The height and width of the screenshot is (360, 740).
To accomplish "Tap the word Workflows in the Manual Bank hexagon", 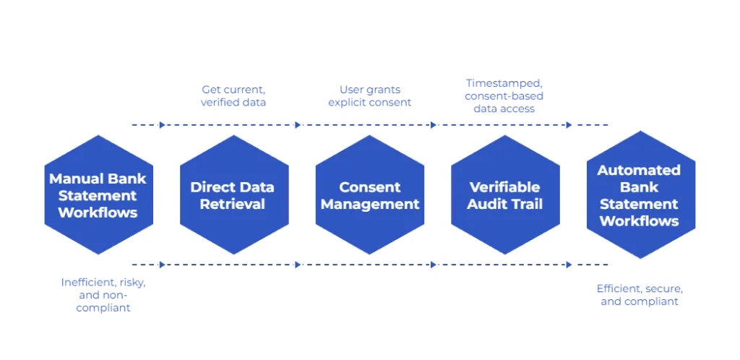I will [x=98, y=213].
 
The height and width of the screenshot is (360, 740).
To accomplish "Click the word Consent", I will [x=370, y=187].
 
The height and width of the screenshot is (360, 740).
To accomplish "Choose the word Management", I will [x=370, y=204].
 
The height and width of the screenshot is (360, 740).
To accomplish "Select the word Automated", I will [x=639, y=171].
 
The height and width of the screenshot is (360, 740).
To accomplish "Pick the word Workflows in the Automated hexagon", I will [x=639, y=220].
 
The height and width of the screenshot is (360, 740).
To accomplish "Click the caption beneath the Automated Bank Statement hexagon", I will [x=639, y=295].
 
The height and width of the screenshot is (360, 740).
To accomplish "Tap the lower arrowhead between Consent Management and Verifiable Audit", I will [x=434, y=265].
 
